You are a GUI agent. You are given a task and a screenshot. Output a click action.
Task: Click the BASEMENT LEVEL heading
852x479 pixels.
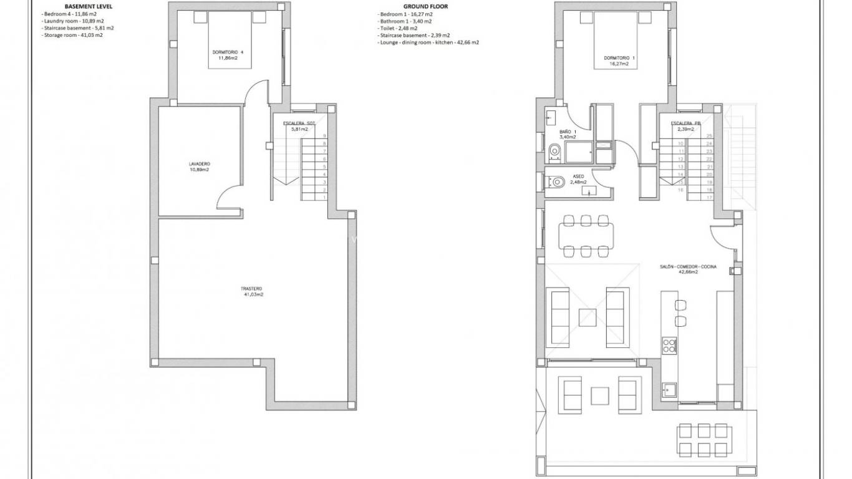coord(89,6)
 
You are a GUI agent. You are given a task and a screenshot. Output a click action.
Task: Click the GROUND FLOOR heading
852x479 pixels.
coord(426,6)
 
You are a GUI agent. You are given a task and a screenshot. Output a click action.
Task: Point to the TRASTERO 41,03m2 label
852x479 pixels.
coord(251,291)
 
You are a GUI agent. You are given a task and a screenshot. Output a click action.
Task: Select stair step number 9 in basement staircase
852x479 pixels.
coord(324,136)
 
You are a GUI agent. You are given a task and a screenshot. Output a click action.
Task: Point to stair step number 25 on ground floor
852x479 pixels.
coord(709,136)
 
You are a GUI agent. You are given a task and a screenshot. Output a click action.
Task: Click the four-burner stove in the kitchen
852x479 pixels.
coord(669,345)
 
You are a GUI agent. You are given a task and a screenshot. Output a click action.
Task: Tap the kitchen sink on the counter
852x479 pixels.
coord(670,389)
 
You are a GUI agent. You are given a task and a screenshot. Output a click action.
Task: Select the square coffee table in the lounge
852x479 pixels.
coord(588,317)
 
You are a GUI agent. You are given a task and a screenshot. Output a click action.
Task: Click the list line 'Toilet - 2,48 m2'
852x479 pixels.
coord(397,28)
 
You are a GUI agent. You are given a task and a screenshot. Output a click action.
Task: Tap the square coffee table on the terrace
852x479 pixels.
coord(600,395)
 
